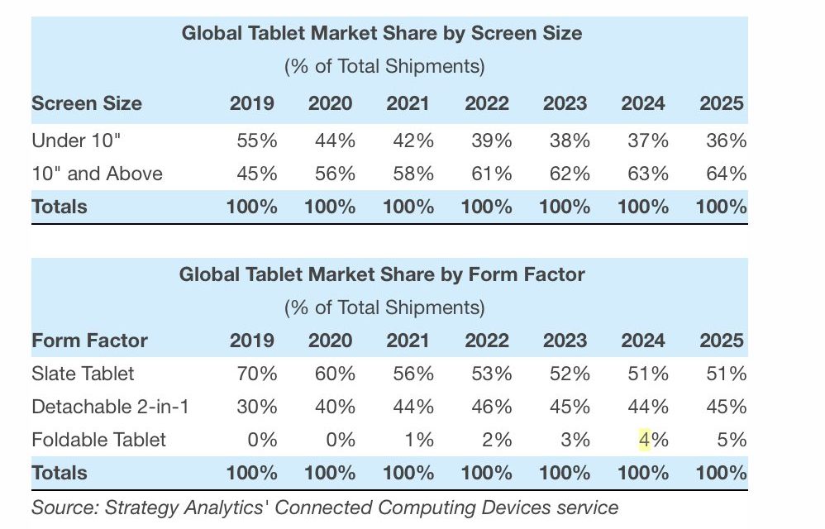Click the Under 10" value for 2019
pyautogui.click(x=256, y=141)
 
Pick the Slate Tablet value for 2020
pyautogui.click(x=335, y=374)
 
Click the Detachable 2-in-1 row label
pyautogui.click(x=110, y=407)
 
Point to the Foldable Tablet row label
pyautogui.click(x=98, y=440)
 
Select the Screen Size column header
pyautogui.click(x=86, y=103)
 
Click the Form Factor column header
pyautogui.click(x=89, y=341)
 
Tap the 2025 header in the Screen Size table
pyautogui.click(x=722, y=103)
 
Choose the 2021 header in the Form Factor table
pyautogui.click(x=408, y=341)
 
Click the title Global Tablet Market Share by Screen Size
pyautogui.click(x=382, y=34)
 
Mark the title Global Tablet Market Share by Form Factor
pyautogui.click(x=382, y=274)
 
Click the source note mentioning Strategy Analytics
pyautogui.click(x=324, y=507)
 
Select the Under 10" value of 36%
pyautogui.click(x=727, y=141)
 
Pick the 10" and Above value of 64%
pyautogui.click(x=727, y=174)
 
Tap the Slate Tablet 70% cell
pyautogui.click(x=256, y=374)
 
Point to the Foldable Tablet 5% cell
pyautogui.click(x=732, y=440)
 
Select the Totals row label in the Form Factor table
pyautogui.click(x=59, y=473)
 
